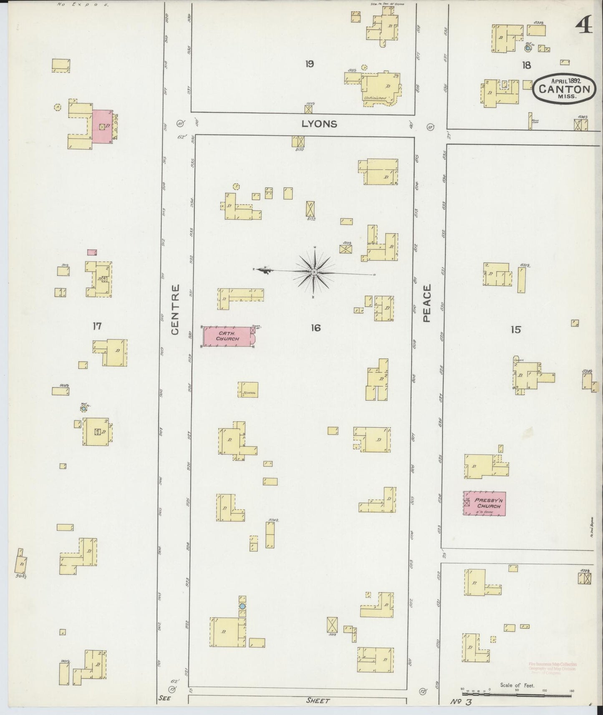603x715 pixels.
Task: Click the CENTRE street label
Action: [175, 309]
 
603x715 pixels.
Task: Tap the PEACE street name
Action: [426, 303]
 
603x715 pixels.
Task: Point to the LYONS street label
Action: [319, 124]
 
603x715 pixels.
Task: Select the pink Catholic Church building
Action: [229, 336]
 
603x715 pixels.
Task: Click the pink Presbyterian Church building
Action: [484, 503]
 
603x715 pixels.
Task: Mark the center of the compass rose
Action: [314, 272]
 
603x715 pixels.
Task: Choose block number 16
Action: [315, 328]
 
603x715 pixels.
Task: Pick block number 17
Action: [97, 326]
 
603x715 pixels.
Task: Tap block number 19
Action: [309, 64]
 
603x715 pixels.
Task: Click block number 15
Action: [516, 330]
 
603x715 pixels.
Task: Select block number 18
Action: [526, 65]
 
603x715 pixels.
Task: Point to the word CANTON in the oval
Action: [564, 89]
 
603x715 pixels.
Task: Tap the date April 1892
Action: [566, 81]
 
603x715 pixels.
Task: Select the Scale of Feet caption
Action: [517, 685]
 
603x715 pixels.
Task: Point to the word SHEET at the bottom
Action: [318, 701]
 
